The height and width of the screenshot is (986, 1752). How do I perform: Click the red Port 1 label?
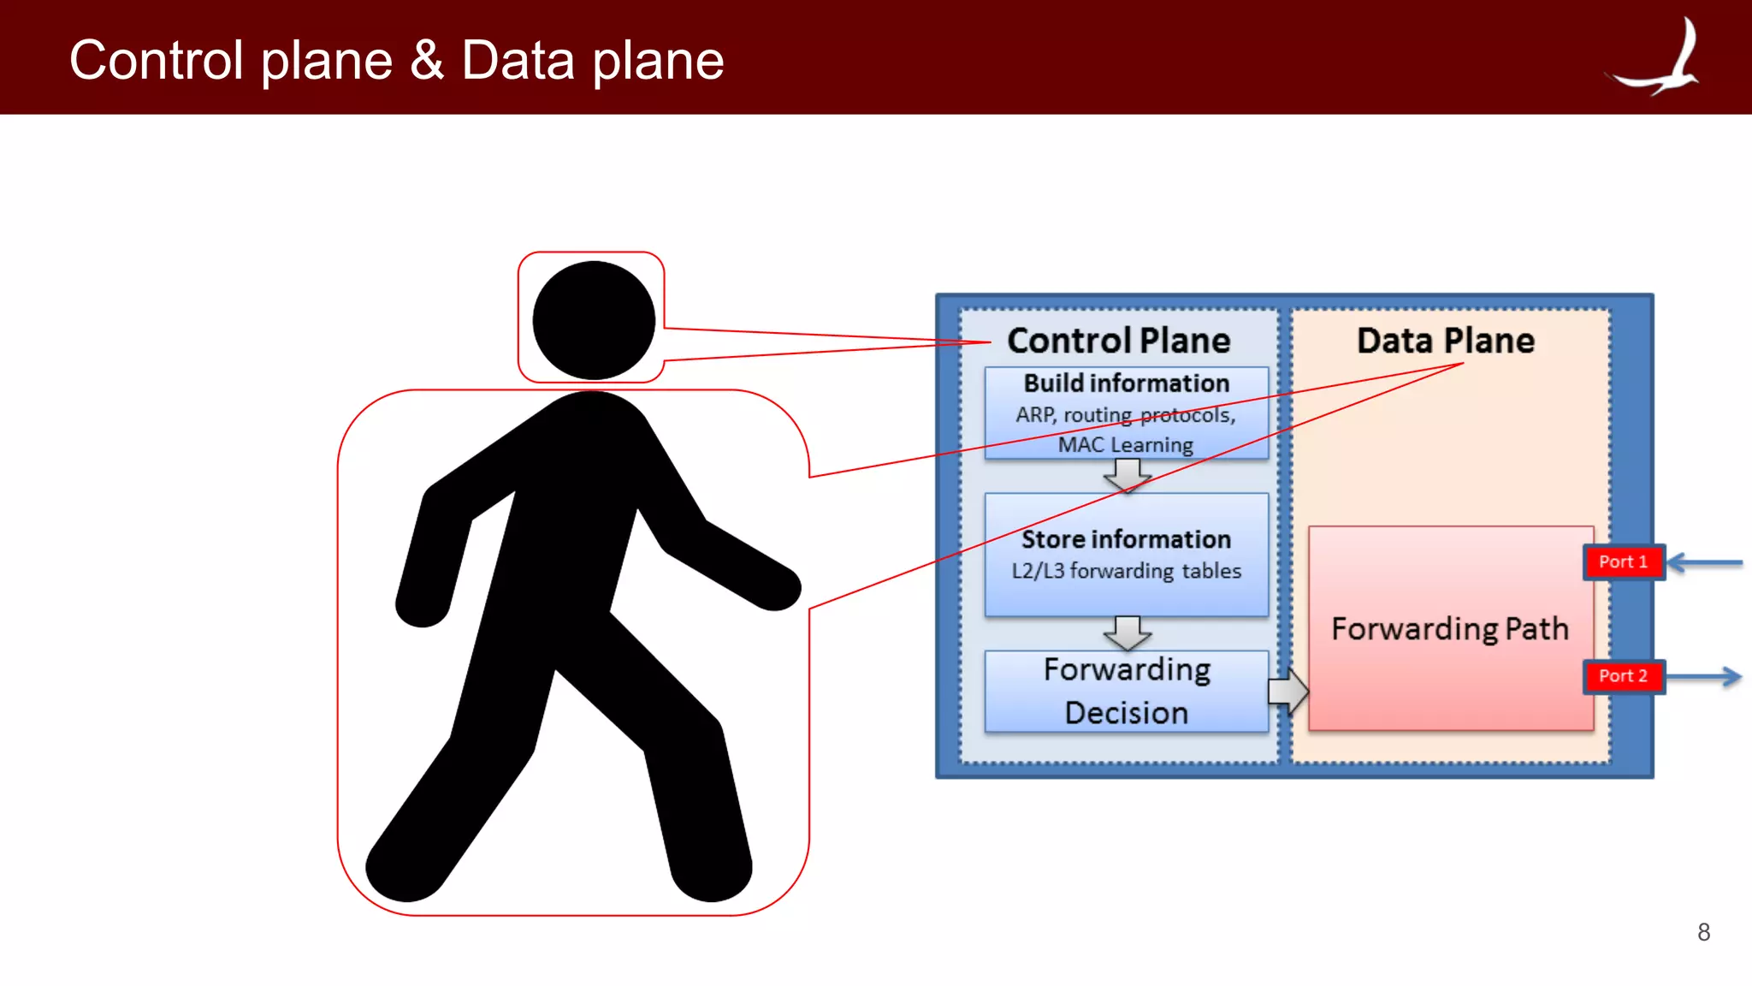(x=1623, y=562)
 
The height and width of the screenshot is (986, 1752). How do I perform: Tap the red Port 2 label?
(x=1623, y=676)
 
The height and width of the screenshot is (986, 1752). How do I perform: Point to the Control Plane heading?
(x=1118, y=341)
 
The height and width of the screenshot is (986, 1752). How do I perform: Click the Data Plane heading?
(x=1446, y=341)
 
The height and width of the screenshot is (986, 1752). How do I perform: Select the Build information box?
(x=1126, y=413)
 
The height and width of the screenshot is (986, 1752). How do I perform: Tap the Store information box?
(x=1126, y=554)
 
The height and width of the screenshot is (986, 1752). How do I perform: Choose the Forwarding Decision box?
(x=1126, y=691)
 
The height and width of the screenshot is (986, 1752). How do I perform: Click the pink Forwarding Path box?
(x=1450, y=628)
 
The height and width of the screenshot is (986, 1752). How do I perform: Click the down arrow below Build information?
(x=1128, y=475)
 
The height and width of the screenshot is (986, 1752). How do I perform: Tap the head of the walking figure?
(x=594, y=320)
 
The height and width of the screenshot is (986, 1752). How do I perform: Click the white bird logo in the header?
(x=1660, y=60)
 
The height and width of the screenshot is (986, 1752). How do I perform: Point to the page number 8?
(x=1703, y=932)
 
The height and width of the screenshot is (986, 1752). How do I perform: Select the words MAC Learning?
(x=1125, y=445)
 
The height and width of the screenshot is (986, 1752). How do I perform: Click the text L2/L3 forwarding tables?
(x=1126, y=571)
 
